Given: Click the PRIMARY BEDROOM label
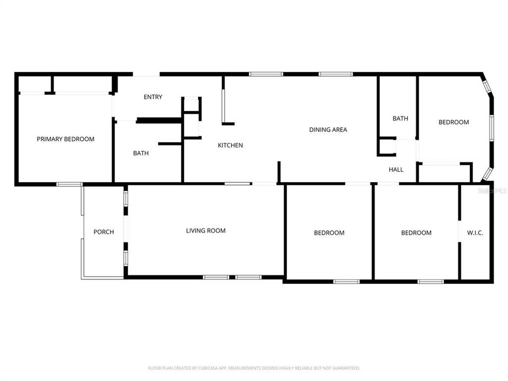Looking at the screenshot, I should click(66, 139).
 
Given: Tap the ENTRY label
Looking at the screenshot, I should click(153, 97).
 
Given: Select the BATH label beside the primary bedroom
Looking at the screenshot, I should click(141, 153).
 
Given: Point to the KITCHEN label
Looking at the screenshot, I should click(231, 145).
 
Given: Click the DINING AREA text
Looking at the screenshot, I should click(328, 130).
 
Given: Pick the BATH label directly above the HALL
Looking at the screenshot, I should click(400, 119).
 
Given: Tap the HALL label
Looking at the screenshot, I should click(396, 170).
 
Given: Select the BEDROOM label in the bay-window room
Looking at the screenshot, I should click(453, 122).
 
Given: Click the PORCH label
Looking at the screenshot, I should click(104, 232).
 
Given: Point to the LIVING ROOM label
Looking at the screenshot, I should click(206, 231).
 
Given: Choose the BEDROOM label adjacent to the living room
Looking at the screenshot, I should click(329, 233).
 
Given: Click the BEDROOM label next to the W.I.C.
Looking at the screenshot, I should click(416, 233).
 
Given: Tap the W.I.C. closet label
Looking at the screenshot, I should click(475, 233).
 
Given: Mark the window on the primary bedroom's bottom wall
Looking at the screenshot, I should click(69, 184).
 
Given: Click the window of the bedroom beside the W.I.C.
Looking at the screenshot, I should click(430, 281).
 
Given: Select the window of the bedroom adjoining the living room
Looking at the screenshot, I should click(347, 281).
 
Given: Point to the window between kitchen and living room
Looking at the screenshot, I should click(238, 184).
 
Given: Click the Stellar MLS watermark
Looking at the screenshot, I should click(492, 190).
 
